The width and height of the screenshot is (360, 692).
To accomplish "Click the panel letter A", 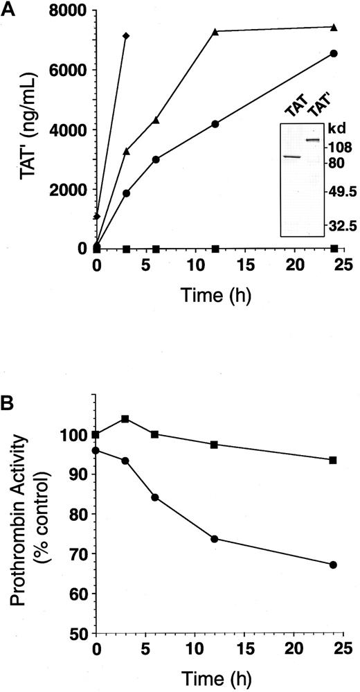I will tap(8, 8).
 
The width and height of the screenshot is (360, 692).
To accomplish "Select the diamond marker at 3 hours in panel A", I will tap(126, 35).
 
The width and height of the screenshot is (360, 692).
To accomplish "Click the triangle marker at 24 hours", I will tap(334, 28).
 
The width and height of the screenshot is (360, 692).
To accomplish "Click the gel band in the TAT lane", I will tap(291, 157).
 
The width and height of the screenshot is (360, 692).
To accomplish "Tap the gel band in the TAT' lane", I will tap(312, 141).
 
